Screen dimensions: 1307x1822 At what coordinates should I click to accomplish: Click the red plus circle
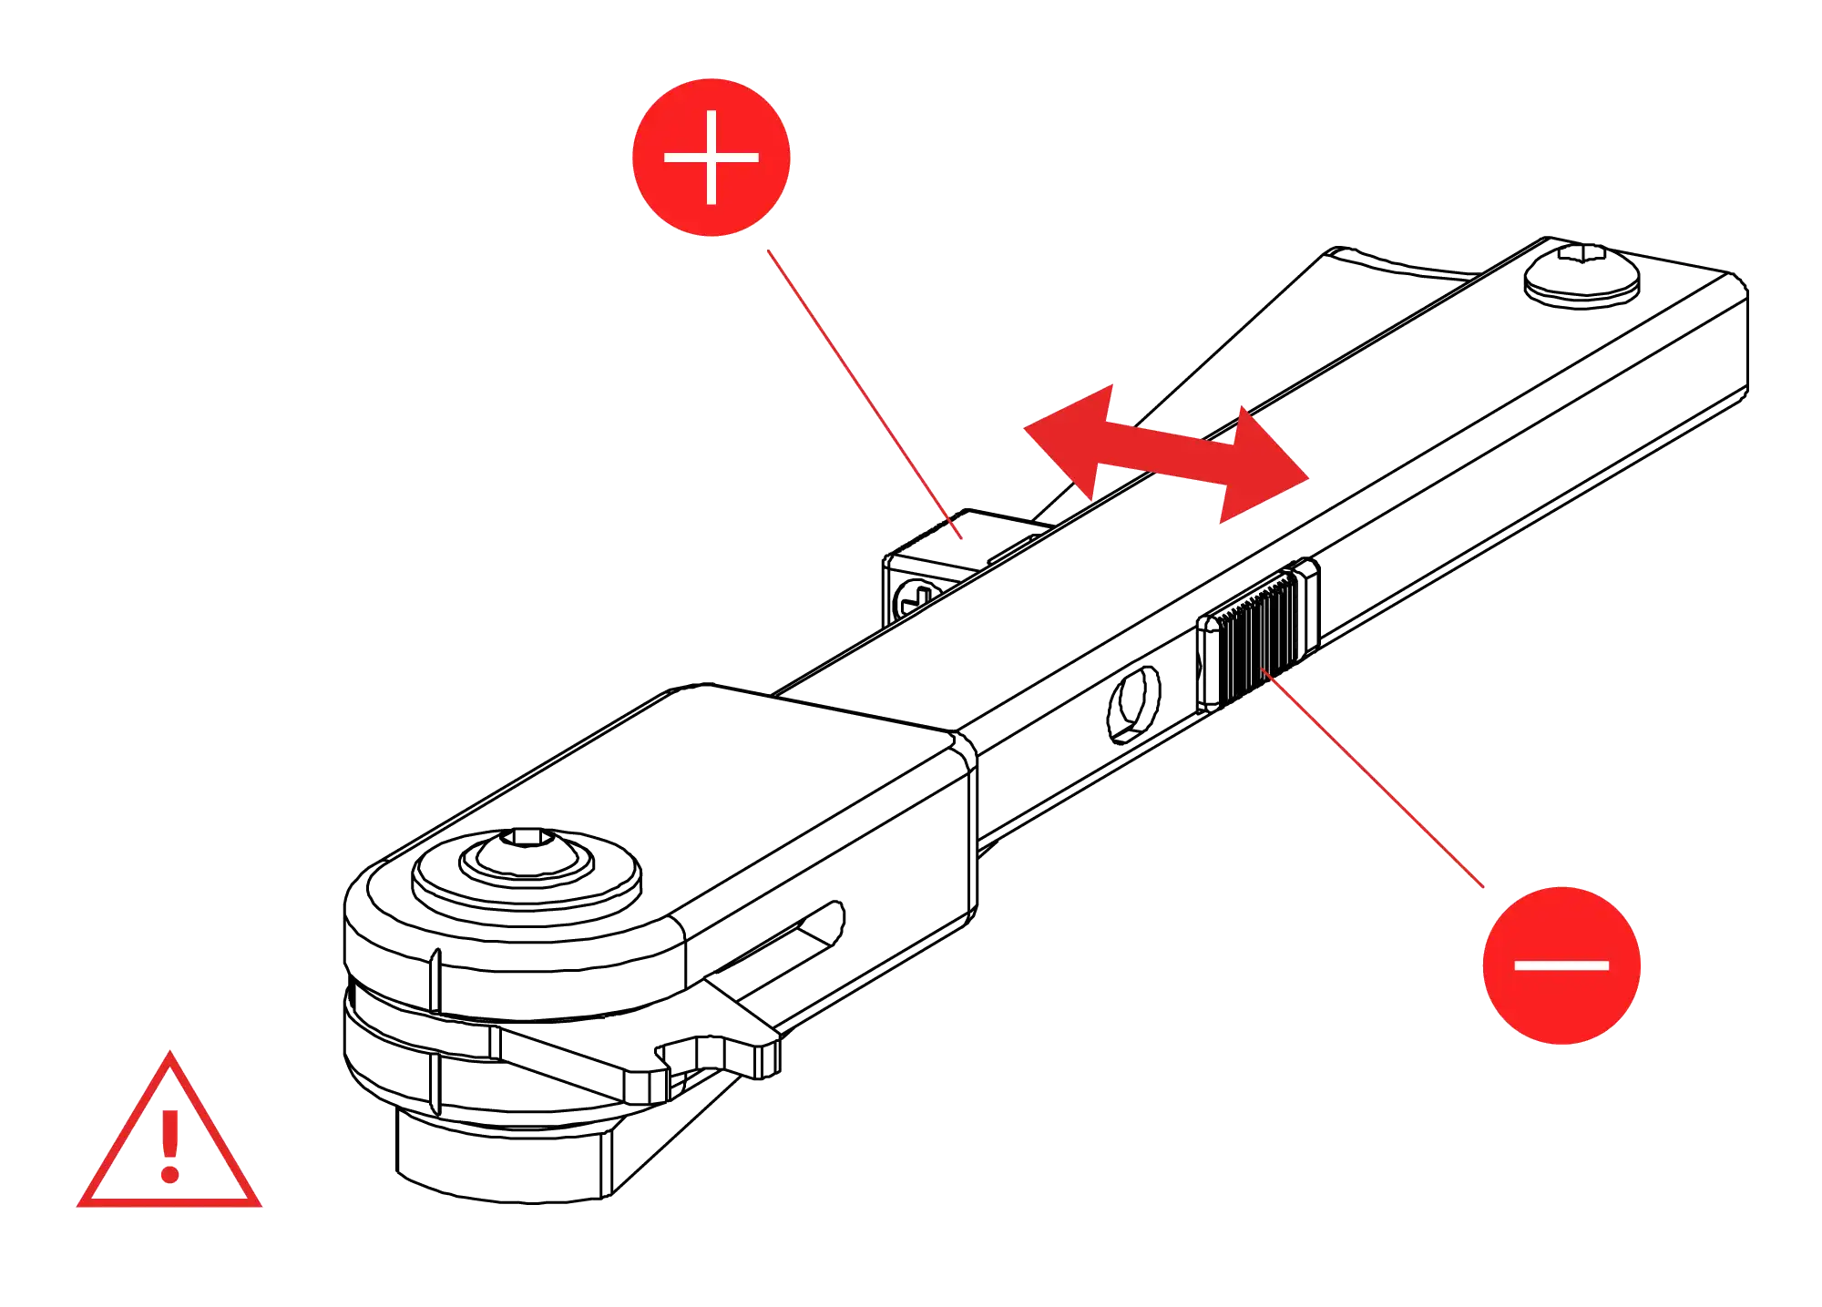coord(711,157)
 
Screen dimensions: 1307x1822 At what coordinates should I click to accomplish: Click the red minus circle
coord(1561,965)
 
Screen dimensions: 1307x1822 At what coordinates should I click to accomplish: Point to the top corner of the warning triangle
coord(169,1058)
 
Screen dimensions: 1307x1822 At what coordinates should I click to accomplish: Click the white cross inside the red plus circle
coord(711,157)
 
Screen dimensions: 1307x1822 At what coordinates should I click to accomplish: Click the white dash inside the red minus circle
coord(1561,965)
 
